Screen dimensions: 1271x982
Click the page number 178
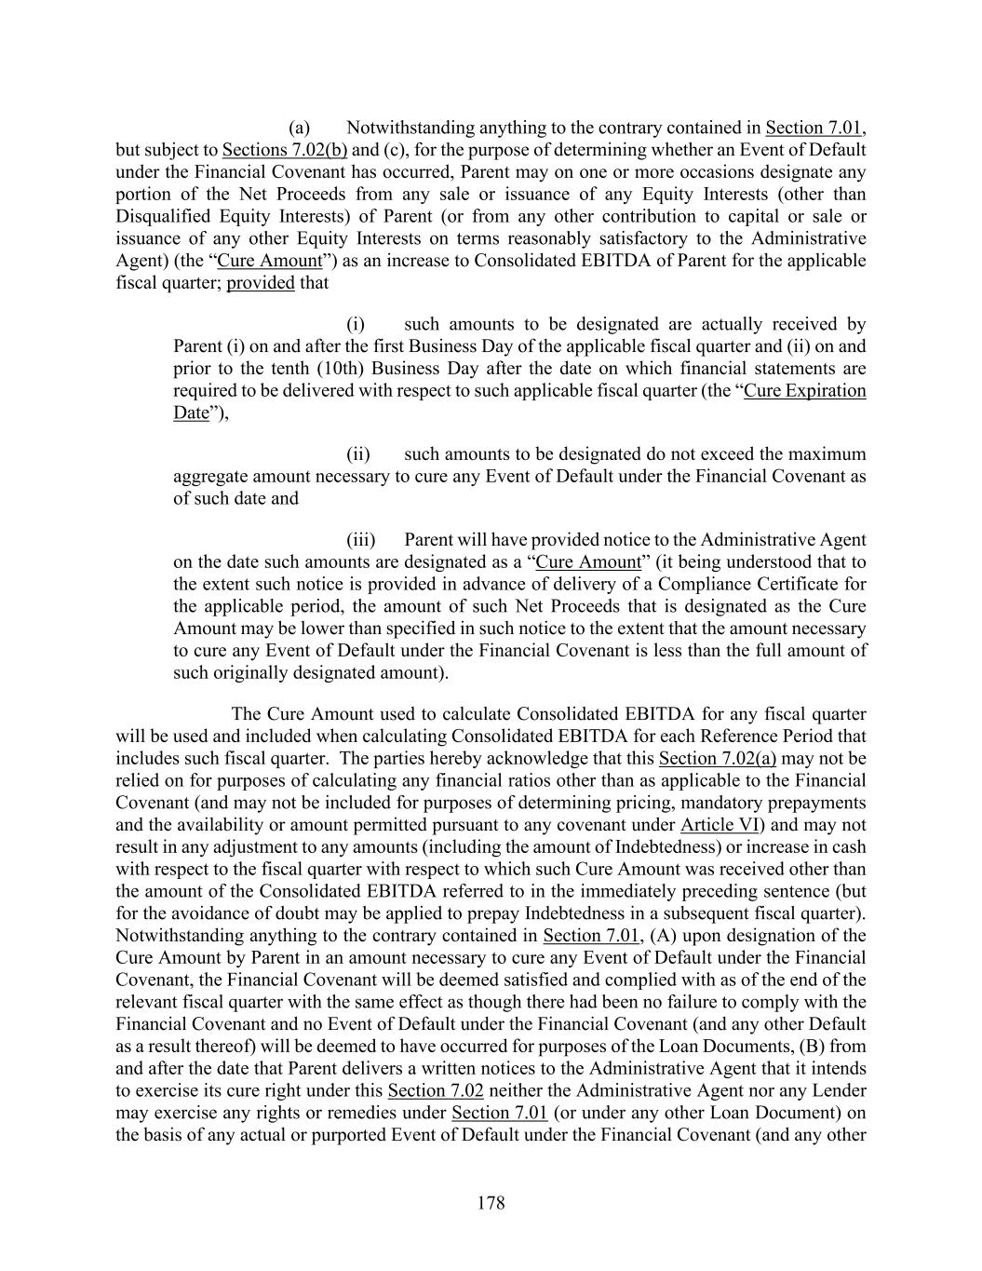tap(491, 1203)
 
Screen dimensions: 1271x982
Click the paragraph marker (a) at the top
tap(298, 128)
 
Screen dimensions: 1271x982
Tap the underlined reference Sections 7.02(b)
tap(285, 150)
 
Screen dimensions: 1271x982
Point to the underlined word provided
tap(261, 283)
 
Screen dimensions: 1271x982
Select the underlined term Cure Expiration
tap(805, 391)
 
